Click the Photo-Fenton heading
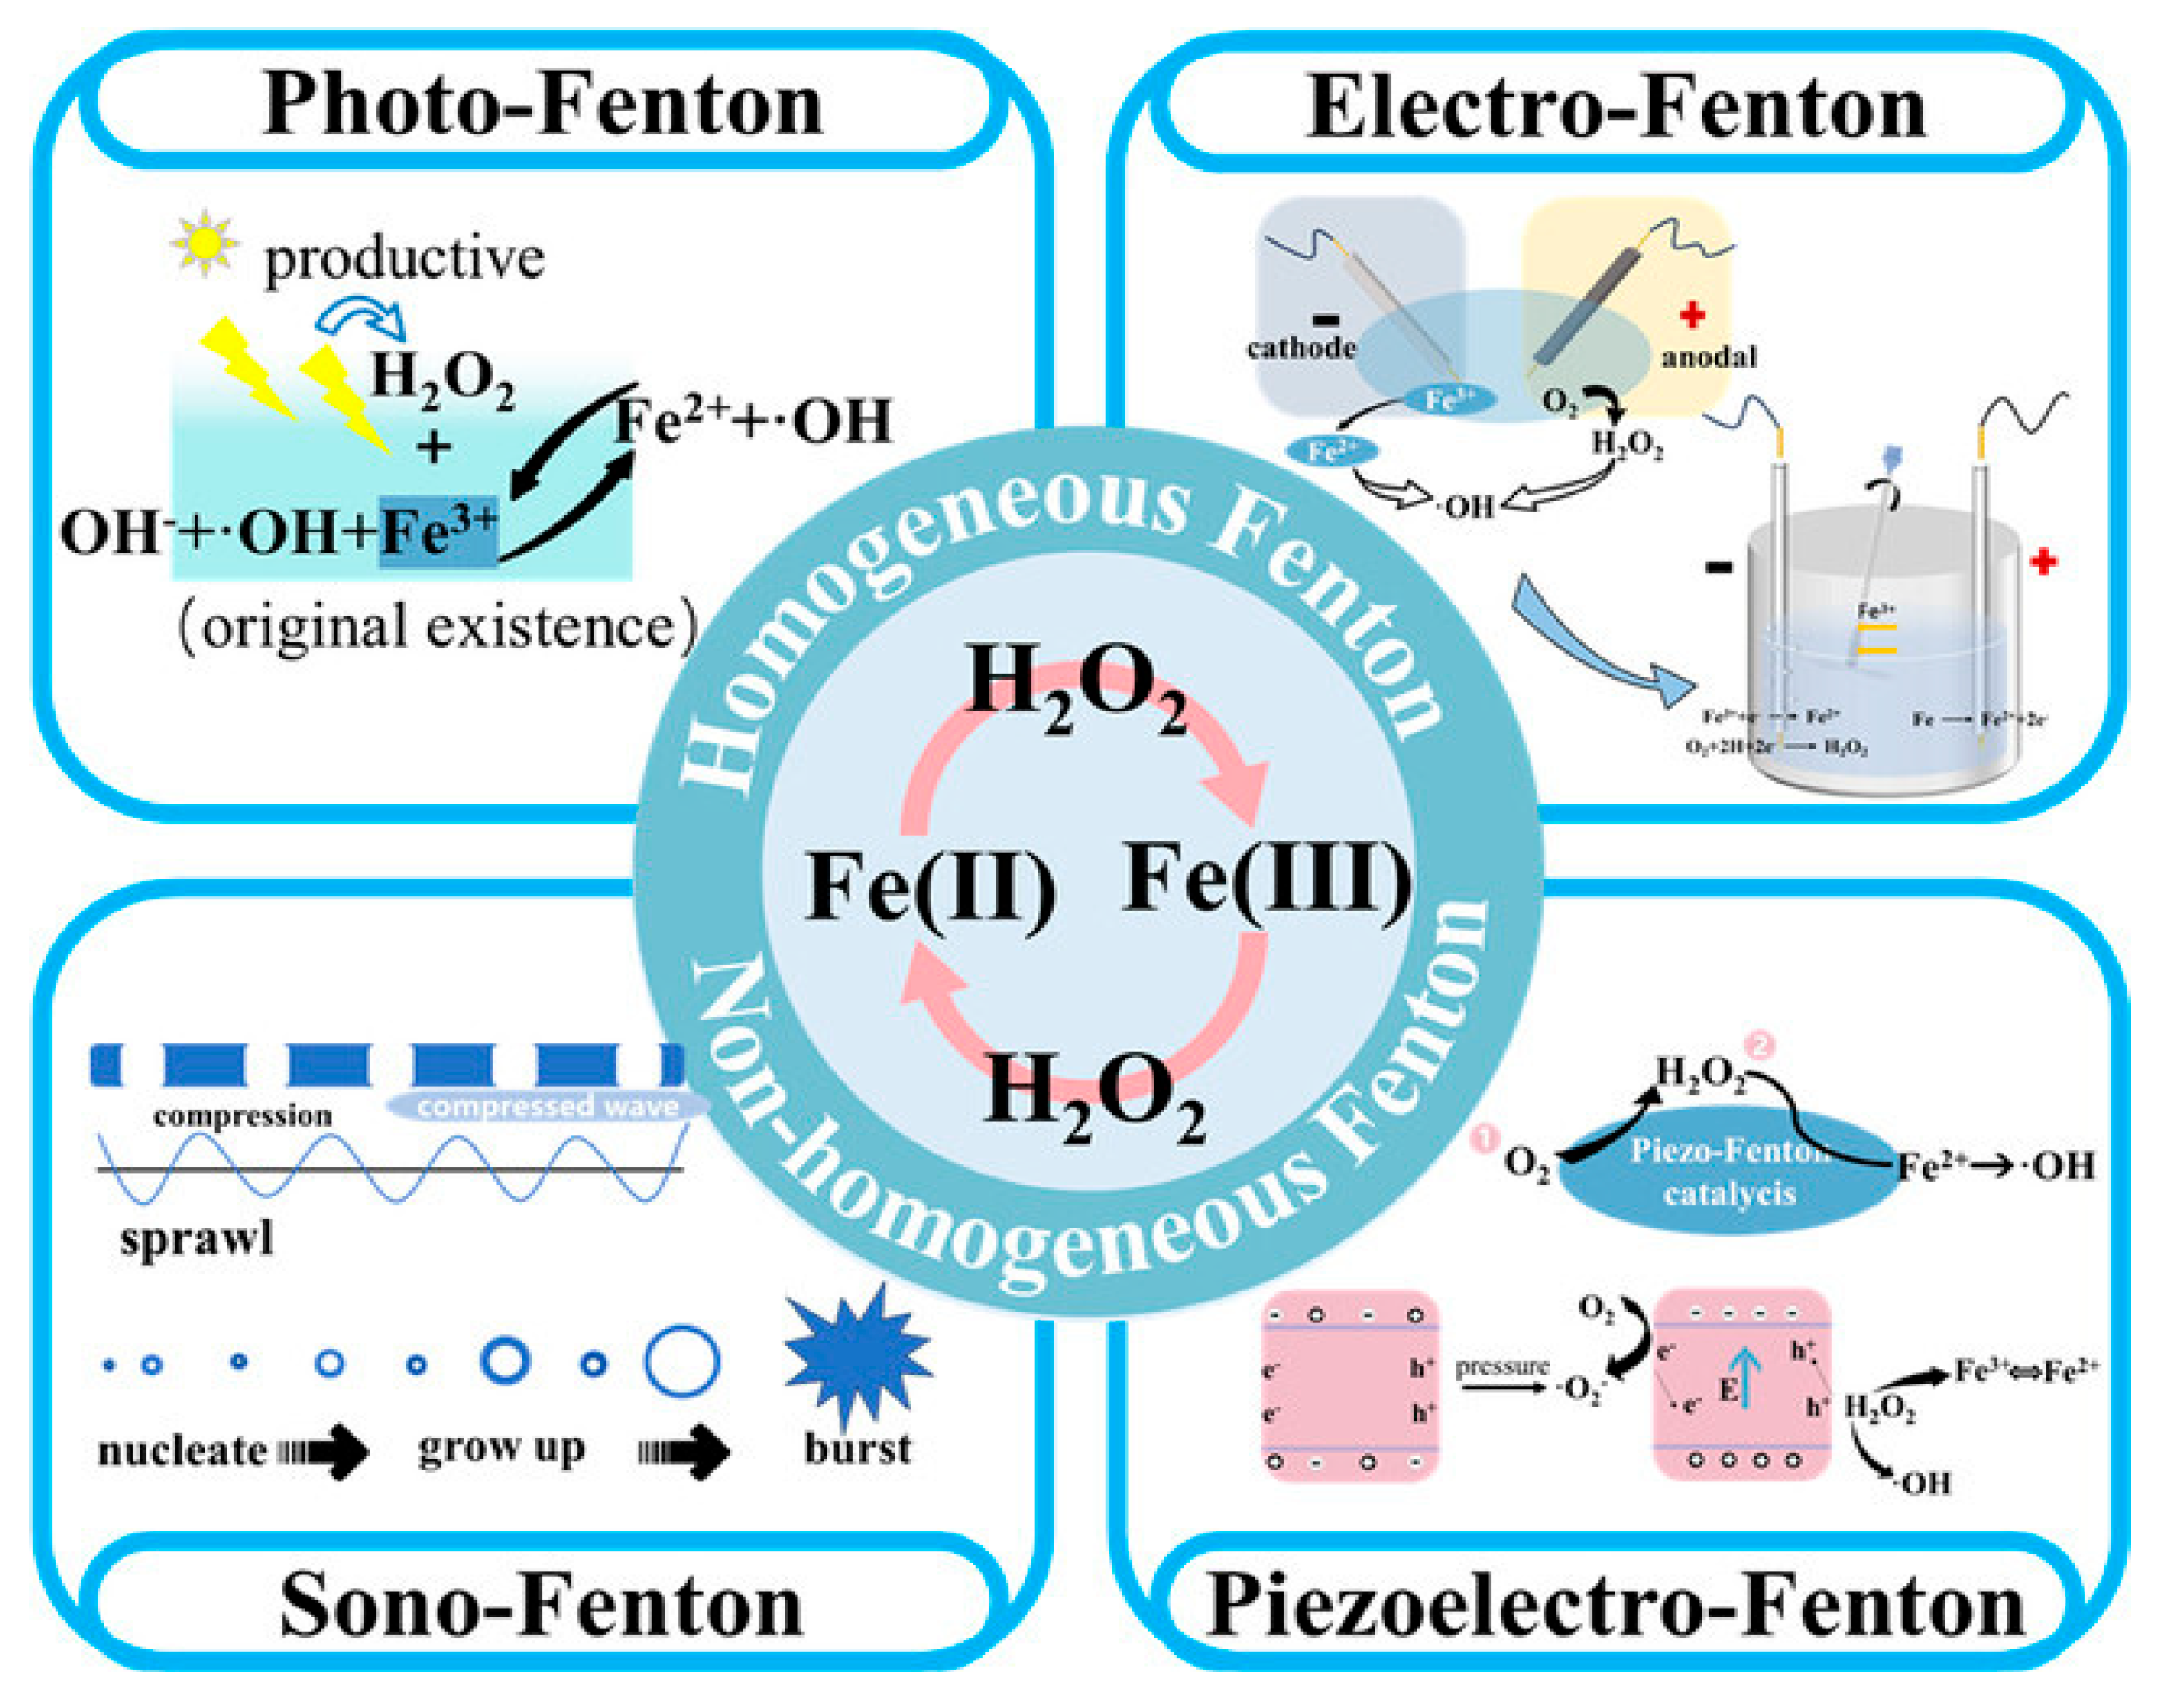pyautogui.click(x=542, y=105)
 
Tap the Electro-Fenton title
pyautogui.click(x=1617, y=108)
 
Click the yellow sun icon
pyautogui.click(x=204, y=243)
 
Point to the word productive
pyautogui.click(x=404, y=258)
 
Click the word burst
pyautogui.click(x=858, y=1449)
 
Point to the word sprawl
pyautogui.click(x=196, y=1239)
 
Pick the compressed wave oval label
pyautogui.click(x=547, y=1106)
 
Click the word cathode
pyautogui.click(x=1301, y=348)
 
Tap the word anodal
pyautogui.click(x=1708, y=357)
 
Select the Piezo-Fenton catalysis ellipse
pyautogui.click(x=1728, y=1171)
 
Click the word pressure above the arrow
pyautogui.click(x=1501, y=1366)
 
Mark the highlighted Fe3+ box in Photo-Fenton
pyautogui.click(x=437, y=532)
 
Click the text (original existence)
pyautogui.click(x=437, y=627)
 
